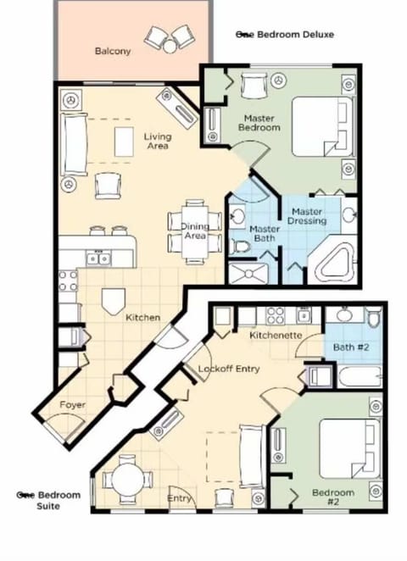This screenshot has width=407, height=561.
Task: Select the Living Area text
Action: pos(156,141)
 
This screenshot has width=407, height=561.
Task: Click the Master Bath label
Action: pos(265,235)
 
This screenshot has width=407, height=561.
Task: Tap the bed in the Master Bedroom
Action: pos(322,126)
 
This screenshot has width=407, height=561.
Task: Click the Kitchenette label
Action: pos(276,336)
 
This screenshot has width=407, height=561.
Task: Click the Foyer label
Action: pos(72,405)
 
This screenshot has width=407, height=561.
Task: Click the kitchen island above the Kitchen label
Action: pos(112,299)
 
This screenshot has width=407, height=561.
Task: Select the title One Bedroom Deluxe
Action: pos(284,35)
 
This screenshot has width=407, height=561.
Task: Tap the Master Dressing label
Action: pos(307,216)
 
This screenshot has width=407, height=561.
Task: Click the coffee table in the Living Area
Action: pos(124,141)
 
